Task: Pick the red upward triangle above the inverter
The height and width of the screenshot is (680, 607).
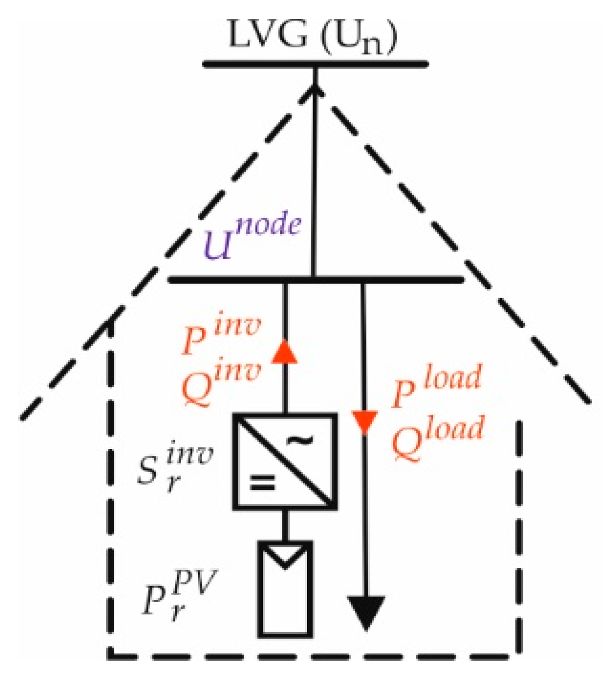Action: (x=285, y=352)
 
